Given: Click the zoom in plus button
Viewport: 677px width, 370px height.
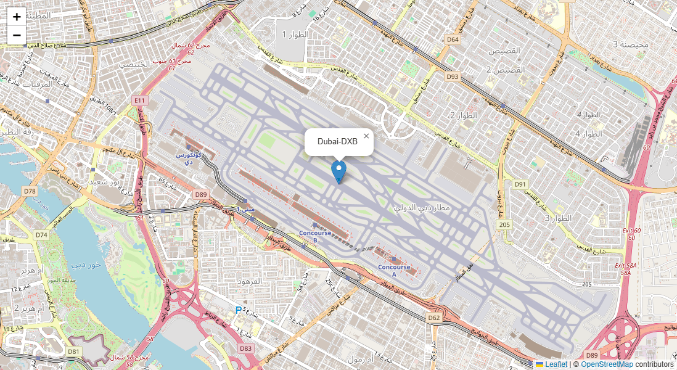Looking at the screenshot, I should (x=17, y=17).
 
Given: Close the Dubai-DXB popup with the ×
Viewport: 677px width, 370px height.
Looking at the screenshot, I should (x=366, y=136).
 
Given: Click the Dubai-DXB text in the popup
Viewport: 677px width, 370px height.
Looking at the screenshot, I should (x=337, y=141).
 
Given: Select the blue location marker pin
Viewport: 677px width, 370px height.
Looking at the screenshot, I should (x=339, y=171).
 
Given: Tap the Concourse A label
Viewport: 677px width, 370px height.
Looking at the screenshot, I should (x=394, y=270).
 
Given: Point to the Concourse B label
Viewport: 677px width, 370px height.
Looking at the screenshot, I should (x=314, y=236).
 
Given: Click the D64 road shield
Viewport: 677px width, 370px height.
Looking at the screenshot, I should (x=453, y=39).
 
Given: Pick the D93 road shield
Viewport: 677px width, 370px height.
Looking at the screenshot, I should (x=453, y=77).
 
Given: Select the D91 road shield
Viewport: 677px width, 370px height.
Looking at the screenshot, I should (x=520, y=184).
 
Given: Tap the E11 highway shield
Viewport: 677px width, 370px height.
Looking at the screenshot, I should (x=140, y=100).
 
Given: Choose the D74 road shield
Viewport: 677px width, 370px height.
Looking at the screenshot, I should (x=41, y=235).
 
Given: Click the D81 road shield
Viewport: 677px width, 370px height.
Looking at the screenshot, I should (x=74, y=351).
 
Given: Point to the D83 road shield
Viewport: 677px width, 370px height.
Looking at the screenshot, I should (x=245, y=348).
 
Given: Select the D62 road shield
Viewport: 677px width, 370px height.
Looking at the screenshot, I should (x=434, y=318).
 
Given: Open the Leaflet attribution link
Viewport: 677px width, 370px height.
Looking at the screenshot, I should (x=556, y=364).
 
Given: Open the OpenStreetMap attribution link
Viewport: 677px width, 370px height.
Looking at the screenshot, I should (x=607, y=364).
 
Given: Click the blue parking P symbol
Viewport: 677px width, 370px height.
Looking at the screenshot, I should (x=239, y=310).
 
